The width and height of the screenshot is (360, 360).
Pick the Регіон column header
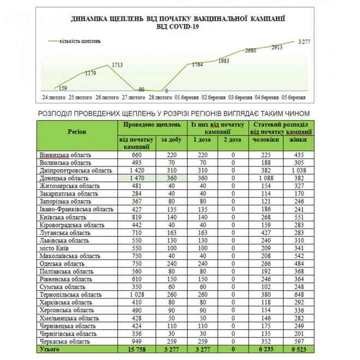76,132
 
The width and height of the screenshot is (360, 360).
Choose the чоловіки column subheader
265,140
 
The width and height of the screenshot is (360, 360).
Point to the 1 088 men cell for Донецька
265,178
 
